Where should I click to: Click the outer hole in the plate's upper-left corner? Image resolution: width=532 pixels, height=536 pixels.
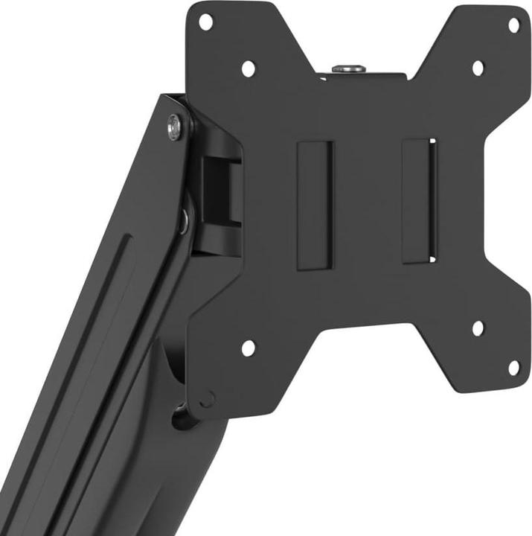pyautogui.click(x=206, y=22)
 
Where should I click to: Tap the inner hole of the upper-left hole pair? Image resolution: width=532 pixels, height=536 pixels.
pyautogui.click(x=248, y=68)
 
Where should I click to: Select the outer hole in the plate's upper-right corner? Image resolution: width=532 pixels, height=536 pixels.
pyautogui.click(x=513, y=24)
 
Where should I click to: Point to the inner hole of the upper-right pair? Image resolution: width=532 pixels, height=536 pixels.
pyautogui.click(x=478, y=68)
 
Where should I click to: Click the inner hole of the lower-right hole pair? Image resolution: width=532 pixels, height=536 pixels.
pyautogui.click(x=478, y=328)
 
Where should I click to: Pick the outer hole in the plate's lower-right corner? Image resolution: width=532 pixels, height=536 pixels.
pyautogui.click(x=513, y=368)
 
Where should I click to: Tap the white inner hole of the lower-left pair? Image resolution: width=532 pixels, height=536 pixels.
pyautogui.click(x=248, y=347)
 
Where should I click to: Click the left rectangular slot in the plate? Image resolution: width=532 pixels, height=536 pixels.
pyautogui.click(x=314, y=205)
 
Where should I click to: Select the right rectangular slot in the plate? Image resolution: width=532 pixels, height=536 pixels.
pyautogui.click(x=418, y=201)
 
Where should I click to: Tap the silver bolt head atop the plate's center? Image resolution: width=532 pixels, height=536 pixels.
pyautogui.click(x=349, y=68)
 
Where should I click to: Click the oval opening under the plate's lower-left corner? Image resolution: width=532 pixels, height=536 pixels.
pyautogui.click(x=182, y=417)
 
